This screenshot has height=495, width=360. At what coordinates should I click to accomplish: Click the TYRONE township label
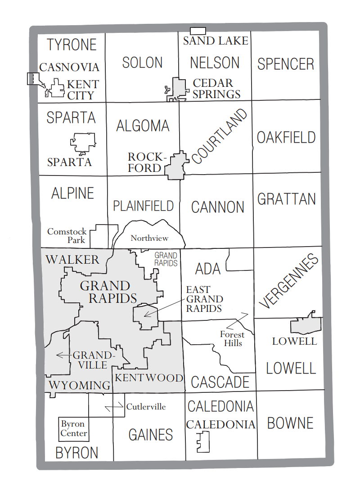pos(72,45)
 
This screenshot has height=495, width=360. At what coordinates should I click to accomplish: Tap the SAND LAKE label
pos(216,41)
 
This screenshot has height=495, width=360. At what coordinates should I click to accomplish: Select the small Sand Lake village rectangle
pos(198,31)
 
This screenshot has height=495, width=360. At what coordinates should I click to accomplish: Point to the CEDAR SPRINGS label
pos(216,89)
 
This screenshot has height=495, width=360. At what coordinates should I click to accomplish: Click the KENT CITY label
pos(83,90)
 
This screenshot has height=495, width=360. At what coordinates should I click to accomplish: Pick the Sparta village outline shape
pos(83,143)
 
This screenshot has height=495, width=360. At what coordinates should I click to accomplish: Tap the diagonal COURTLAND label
pos(220,136)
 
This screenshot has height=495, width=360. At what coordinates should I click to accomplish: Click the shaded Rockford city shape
pos(176,166)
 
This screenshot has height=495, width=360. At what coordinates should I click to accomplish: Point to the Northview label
pos(149,238)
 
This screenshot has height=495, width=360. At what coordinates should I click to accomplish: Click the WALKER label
pos(72,260)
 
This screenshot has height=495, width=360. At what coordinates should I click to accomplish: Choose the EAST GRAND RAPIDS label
pos(204,299)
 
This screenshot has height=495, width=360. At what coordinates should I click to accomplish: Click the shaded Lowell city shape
pos(306,325)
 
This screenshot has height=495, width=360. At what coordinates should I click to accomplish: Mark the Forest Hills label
pos(232,338)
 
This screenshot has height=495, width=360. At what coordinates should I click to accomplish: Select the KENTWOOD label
pos(149,378)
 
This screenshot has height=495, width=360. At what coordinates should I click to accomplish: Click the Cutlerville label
pos(146,407)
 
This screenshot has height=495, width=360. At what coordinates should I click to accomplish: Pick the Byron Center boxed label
pos(74,429)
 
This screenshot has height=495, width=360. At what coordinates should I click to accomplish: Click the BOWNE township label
pos(290,423)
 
